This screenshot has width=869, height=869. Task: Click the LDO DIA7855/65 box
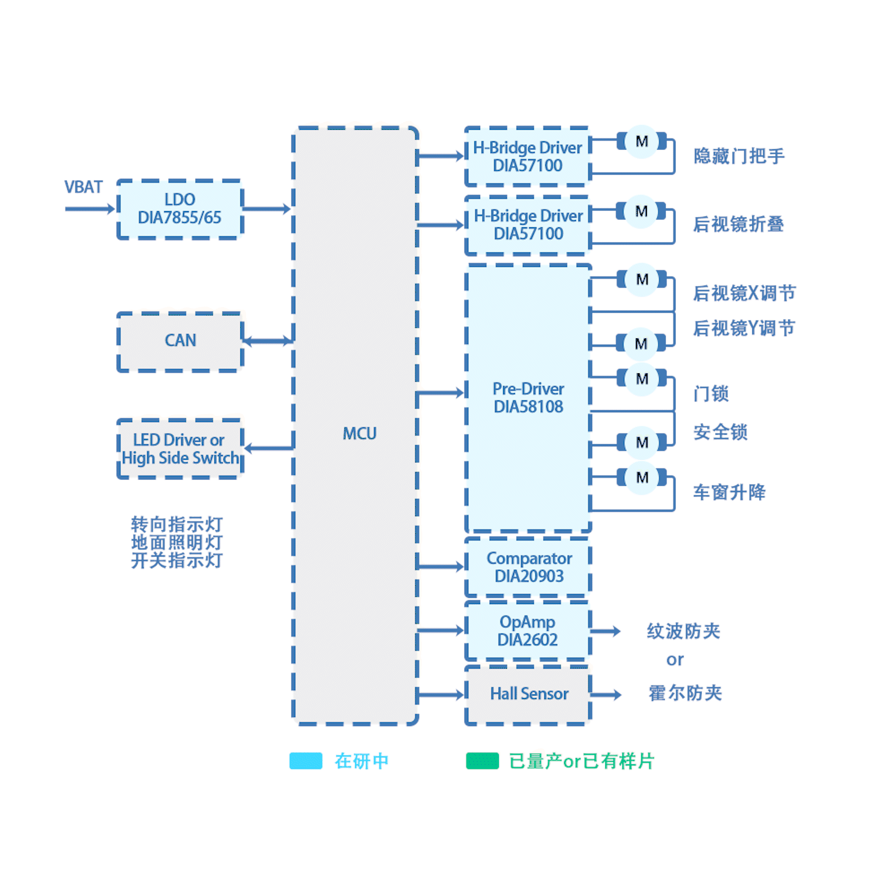[180, 209]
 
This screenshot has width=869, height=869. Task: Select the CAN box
[180, 341]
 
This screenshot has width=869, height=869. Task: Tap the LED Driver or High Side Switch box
[180, 449]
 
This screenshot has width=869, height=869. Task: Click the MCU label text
[359, 433]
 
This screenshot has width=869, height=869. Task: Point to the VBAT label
[83, 187]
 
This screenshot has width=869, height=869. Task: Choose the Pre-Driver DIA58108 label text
[528, 398]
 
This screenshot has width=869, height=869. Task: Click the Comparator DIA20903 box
[528, 567]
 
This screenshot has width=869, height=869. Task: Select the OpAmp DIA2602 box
[528, 631]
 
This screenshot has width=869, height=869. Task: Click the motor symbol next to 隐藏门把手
[642, 141]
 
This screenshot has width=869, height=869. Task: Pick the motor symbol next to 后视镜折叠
[641, 211]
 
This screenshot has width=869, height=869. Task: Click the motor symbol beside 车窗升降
[642, 477]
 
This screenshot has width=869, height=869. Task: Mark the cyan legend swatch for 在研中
[306, 761]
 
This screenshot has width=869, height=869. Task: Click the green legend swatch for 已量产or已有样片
[482, 761]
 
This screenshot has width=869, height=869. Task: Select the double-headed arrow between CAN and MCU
[268, 341]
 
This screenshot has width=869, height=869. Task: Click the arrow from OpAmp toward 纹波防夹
[605, 631]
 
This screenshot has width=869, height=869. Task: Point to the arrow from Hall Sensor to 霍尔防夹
[605, 695]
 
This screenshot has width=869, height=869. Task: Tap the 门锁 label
[711, 394]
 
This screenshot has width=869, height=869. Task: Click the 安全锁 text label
[720, 432]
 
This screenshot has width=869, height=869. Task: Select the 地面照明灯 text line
[177, 543]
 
